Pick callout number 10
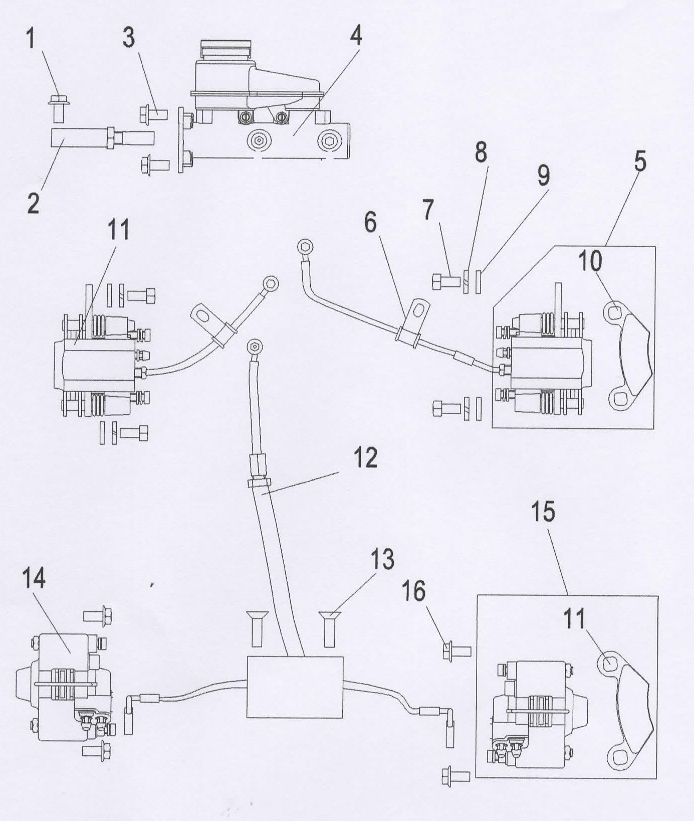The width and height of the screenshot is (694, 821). pos(590,261)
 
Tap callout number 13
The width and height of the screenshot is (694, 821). pos(382,560)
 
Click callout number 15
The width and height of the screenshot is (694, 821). pos(543,512)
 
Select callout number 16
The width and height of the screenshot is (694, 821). pos(413,591)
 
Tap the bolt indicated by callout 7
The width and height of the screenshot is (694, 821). pos(445,280)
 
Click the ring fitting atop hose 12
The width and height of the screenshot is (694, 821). pos(255,347)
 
